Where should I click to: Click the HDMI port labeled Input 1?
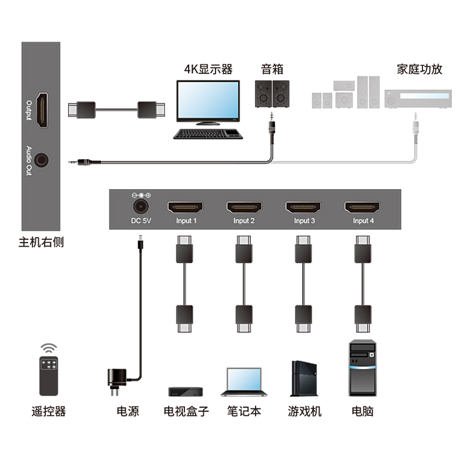pos(186,207)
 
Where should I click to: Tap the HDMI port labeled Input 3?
pos(304,207)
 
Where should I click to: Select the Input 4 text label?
pos(363,221)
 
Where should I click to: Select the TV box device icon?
pos(186,391)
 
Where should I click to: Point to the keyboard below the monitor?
pos(209,134)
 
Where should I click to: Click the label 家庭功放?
pos(419,69)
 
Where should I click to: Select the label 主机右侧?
pos(41,242)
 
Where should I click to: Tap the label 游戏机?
pos(304,411)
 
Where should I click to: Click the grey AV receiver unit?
pos(417,99)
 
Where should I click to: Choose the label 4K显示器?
pos(209,69)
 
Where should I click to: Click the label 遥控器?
pos(49,411)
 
